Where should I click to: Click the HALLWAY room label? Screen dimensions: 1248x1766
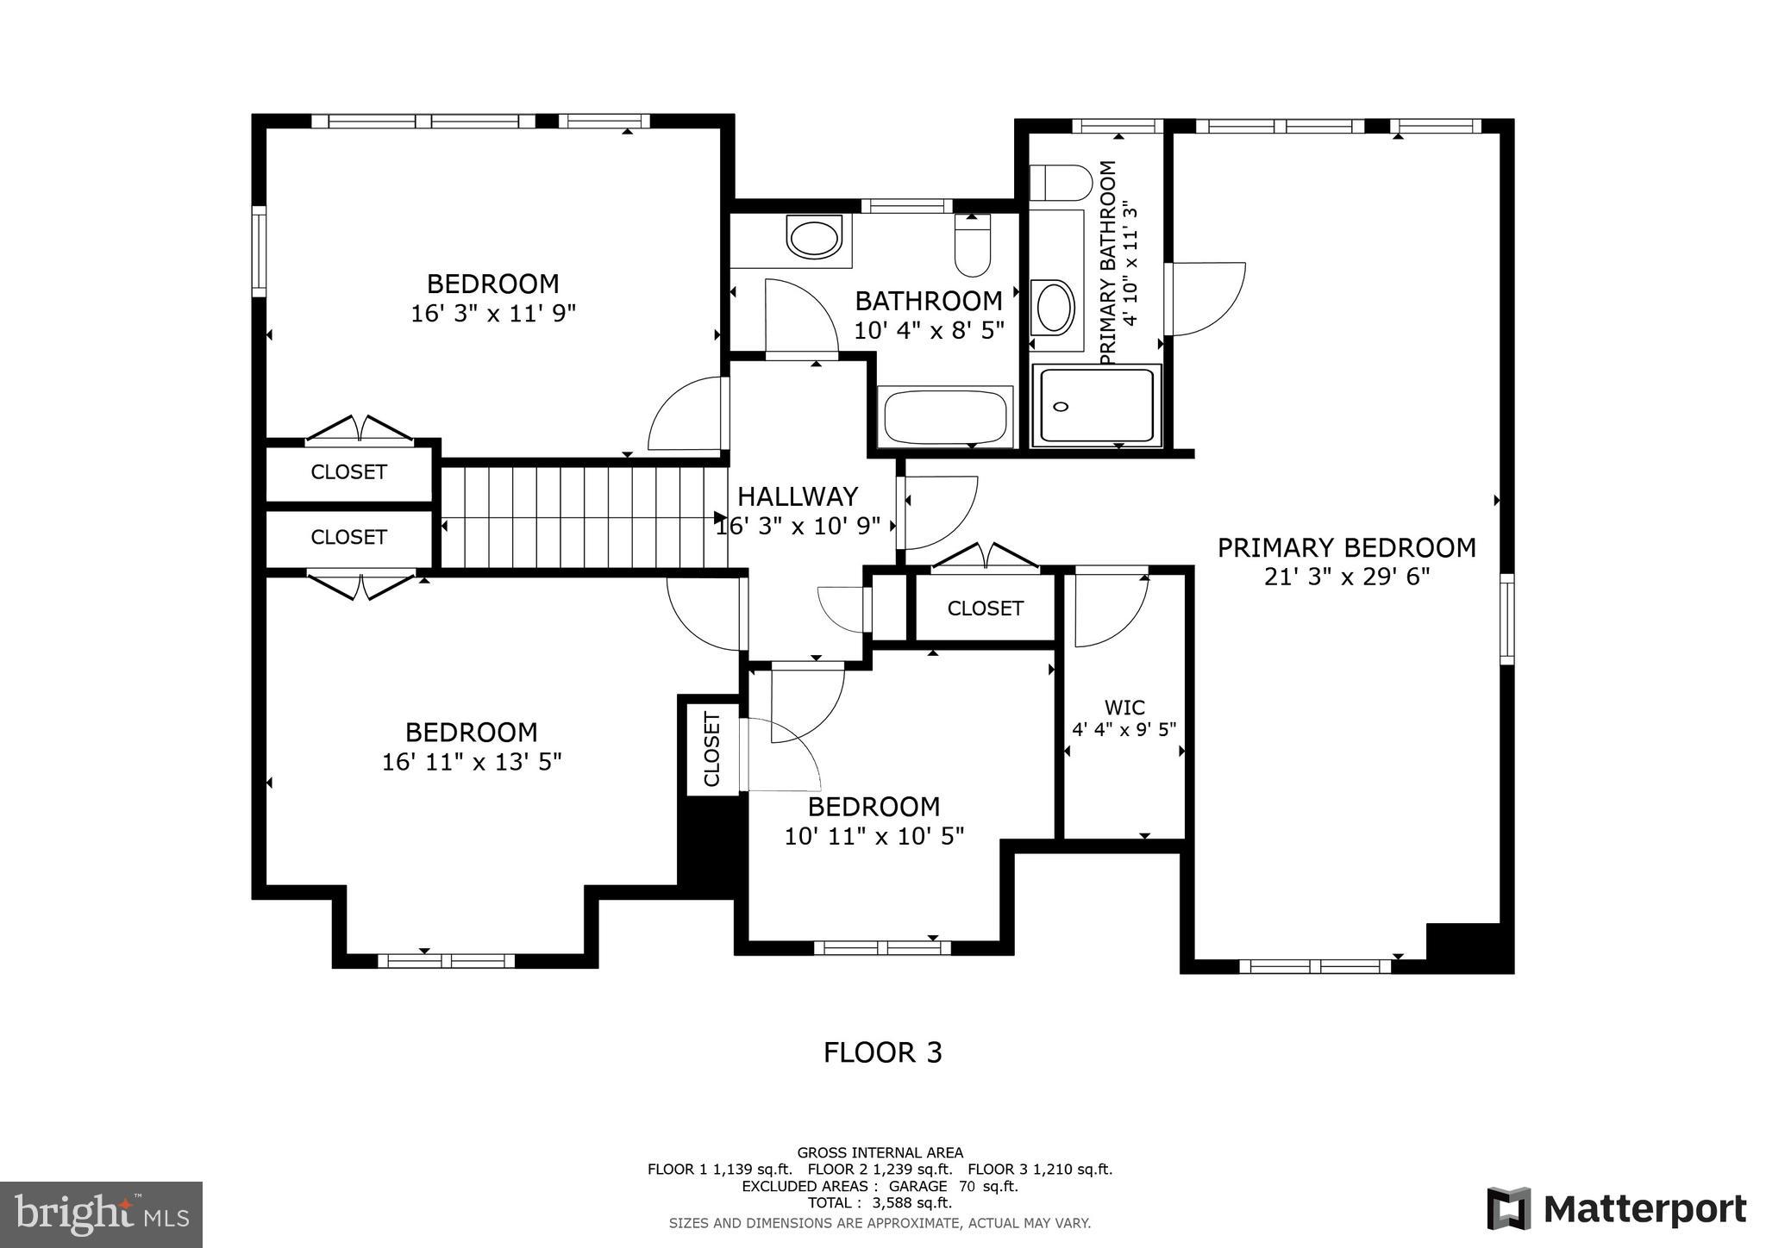pyautogui.click(x=798, y=496)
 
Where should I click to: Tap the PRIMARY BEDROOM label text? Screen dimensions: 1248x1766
pyautogui.click(x=1346, y=547)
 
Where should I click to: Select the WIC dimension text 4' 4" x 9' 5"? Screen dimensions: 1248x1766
pyautogui.click(x=1124, y=730)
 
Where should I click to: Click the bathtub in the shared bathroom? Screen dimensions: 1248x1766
pyautogui.click(x=945, y=417)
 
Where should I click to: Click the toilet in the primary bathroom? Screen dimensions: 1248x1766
pyautogui.click(x=1061, y=183)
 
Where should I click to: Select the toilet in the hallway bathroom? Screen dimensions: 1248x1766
pyautogui.click(x=973, y=246)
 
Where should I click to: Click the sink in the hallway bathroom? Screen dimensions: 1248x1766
pyautogui.click(x=814, y=238)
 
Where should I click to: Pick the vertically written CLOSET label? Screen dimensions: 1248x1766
pyautogui.click(x=712, y=749)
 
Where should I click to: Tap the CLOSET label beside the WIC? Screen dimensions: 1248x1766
pyautogui.click(x=985, y=608)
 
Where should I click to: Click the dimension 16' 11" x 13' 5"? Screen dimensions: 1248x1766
pyautogui.click(x=472, y=762)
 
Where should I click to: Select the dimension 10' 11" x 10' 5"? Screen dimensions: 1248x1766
pyautogui.click(x=874, y=836)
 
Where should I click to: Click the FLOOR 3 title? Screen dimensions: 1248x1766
pyautogui.click(x=882, y=1052)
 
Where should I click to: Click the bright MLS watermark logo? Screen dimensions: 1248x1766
pyautogui.click(x=101, y=1215)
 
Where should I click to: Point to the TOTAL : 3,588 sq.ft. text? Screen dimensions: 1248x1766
pyautogui.click(x=880, y=1202)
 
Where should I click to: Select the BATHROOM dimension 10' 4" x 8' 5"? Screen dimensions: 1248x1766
pyautogui.click(x=929, y=330)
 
